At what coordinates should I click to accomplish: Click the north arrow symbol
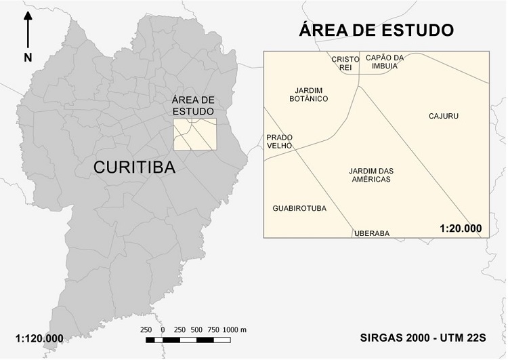click(x=28, y=31)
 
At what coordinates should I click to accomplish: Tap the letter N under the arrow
click(x=28, y=58)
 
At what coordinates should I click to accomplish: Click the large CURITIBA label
click(x=134, y=167)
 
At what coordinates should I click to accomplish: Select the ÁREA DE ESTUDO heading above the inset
click(x=377, y=31)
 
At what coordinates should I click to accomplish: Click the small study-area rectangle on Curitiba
click(x=194, y=134)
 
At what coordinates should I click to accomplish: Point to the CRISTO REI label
click(x=341, y=62)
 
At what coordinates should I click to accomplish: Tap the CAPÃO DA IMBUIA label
click(x=384, y=62)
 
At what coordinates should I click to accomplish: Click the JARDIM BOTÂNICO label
click(x=312, y=94)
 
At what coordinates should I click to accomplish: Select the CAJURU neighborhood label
click(x=444, y=116)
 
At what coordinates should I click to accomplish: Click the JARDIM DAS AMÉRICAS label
click(x=371, y=175)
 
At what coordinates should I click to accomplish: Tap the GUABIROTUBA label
click(x=299, y=208)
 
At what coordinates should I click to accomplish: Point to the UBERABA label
click(x=372, y=233)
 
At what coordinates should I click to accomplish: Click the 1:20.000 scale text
click(x=460, y=228)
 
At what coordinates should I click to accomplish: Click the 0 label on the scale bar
click(x=163, y=329)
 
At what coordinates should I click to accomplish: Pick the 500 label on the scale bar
click(x=197, y=329)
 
